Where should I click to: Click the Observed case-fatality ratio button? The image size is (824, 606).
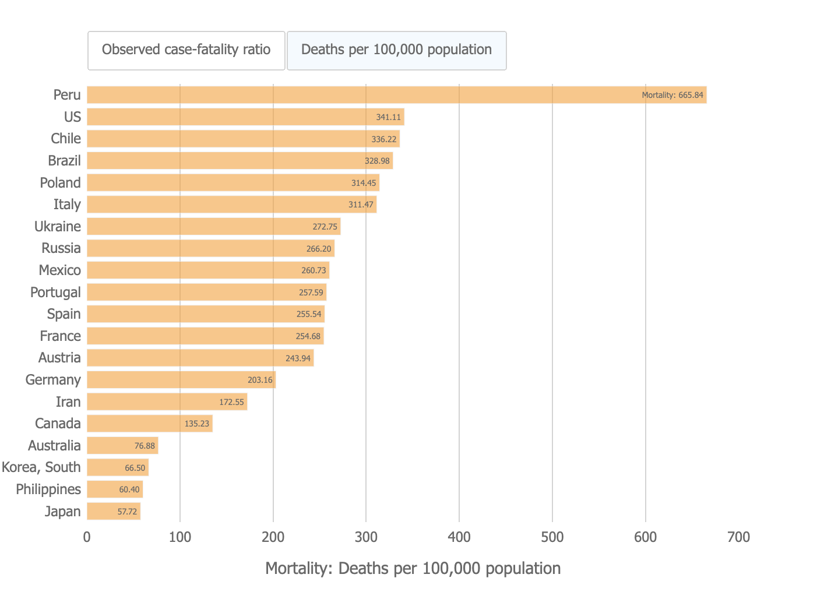(x=186, y=50)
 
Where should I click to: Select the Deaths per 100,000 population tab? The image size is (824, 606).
(x=396, y=50)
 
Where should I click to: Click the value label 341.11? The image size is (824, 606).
(x=389, y=117)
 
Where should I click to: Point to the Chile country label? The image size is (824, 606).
(x=66, y=139)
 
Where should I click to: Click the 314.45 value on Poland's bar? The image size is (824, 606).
(x=364, y=183)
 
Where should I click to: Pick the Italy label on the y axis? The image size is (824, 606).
(x=67, y=205)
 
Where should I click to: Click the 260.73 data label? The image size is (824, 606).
(x=314, y=270)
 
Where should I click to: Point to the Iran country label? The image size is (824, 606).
(x=68, y=401)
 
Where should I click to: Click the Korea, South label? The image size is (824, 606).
(x=41, y=467)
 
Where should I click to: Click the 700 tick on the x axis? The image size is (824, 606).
(x=738, y=537)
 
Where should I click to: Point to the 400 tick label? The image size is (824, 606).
(x=459, y=537)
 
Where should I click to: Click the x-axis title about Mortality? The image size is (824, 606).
(x=413, y=568)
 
